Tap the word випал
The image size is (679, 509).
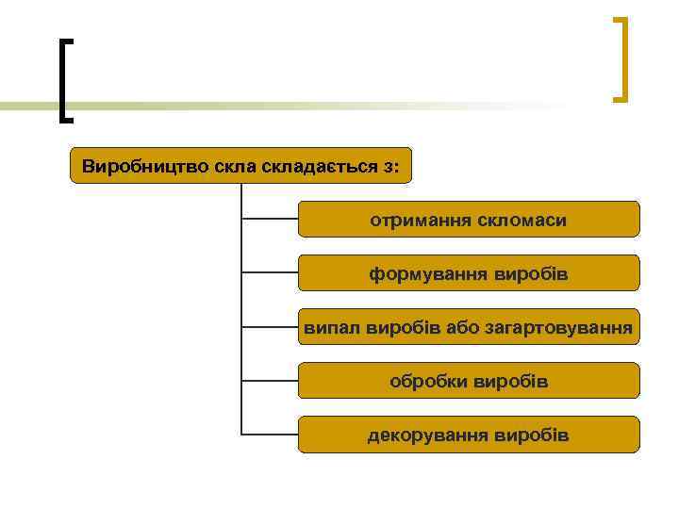(326, 328)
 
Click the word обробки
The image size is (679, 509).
(430, 382)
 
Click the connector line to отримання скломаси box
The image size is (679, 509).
(270, 219)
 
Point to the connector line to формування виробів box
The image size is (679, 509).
(270, 272)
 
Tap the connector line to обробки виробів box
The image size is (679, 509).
(270, 381)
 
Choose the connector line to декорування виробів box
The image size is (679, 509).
(270, 435)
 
